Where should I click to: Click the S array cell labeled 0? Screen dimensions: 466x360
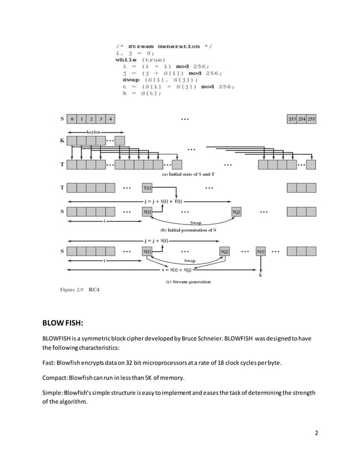click(72, 119)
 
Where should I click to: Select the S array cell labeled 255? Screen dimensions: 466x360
click(311, 119)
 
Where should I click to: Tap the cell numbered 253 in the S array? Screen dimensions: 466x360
click(292, 119)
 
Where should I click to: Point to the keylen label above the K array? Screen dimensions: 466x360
click(94, 130)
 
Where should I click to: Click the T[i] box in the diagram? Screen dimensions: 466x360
click(147, 188)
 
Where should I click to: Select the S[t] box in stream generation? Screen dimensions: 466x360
click(261, 251)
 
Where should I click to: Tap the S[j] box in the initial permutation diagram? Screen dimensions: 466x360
click(237, 212)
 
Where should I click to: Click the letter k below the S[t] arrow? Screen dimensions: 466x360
click(260, 276)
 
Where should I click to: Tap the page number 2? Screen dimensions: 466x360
click(317, 433)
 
